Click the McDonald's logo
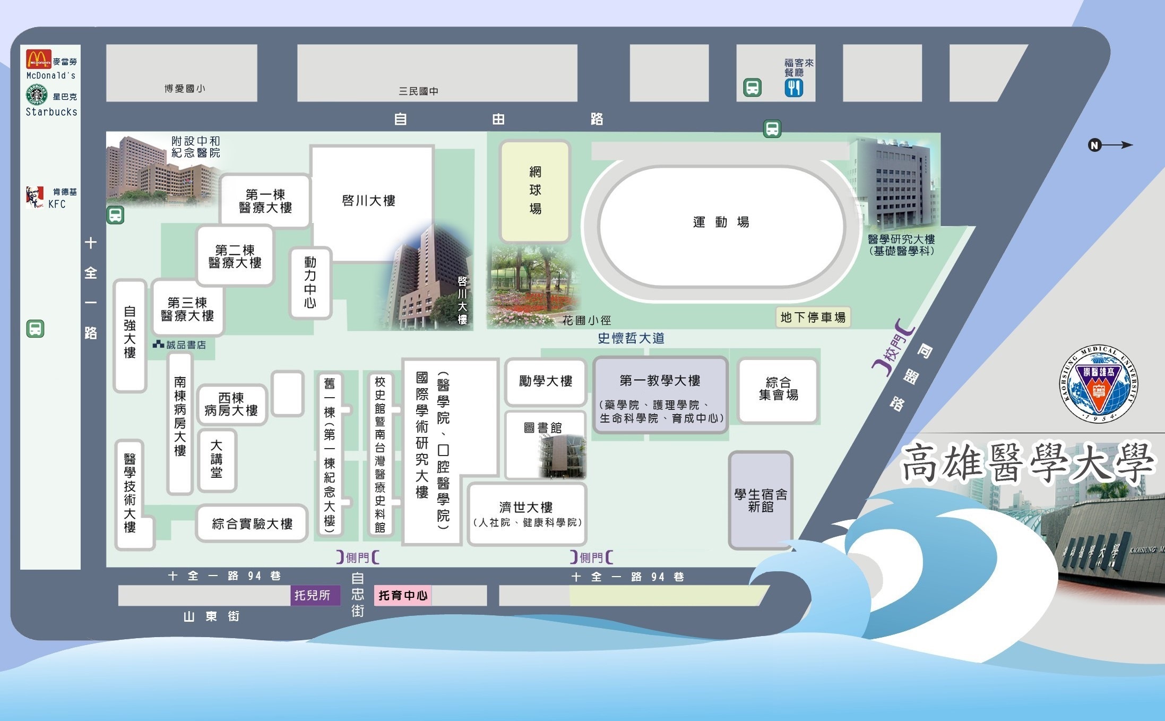[x=38, y=59]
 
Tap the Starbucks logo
[x=37, y=95]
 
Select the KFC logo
[x=35, y=196]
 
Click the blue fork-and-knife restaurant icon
[x=793, y=88]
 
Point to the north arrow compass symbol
[x=1109, y=145]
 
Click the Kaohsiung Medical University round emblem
[x=1098, y=384]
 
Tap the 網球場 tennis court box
[x=535, y=190]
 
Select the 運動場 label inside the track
[x=721, y=222]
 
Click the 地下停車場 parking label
[x=813, y=317]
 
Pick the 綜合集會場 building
[x=778, y=390]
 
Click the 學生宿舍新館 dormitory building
[x=761, y=500]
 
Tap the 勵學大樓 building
[x=546, y=381]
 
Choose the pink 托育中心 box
[x=403, y=596]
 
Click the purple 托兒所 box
[x=312, y=596]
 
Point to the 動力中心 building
[x=310, y=283]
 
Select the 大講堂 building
[x=217, y=460]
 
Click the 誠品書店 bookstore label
[x=180, y=345]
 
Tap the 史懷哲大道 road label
[x=631, y=338]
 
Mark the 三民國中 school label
[x=418, y=91]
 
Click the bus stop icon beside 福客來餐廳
[x=752, y=88]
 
